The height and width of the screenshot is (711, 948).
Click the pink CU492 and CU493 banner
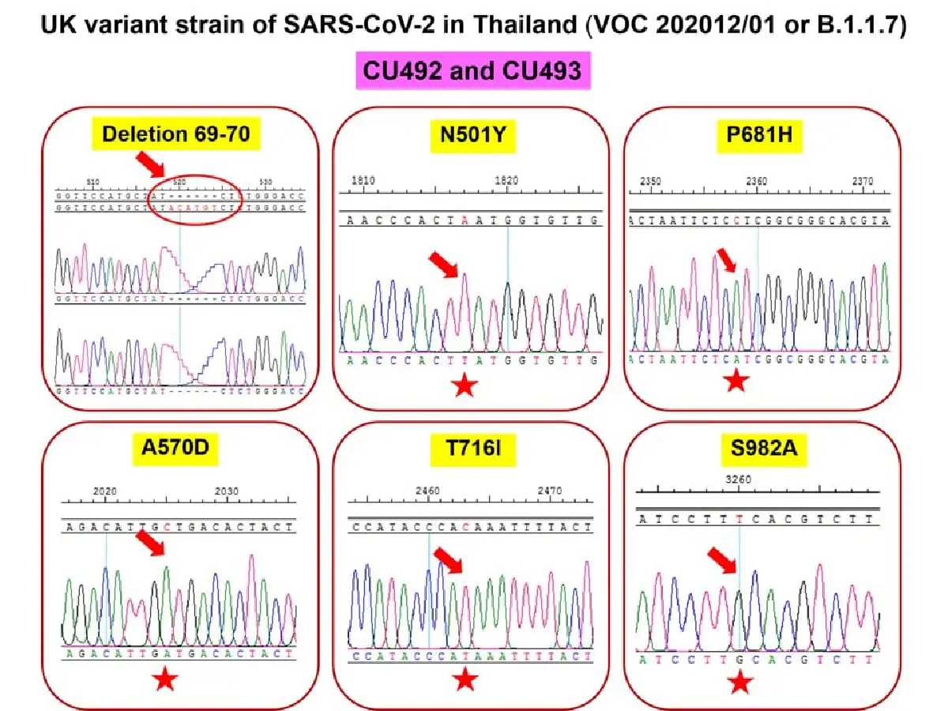[x=472, y=70]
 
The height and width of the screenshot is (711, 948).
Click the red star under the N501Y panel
[x=465, y=388]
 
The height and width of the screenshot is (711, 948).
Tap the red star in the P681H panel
[x=736, y=381]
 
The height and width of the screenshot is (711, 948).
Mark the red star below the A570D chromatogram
[x=165, y=678]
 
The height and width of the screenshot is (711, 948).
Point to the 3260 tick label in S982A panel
[x=738, y=480]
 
